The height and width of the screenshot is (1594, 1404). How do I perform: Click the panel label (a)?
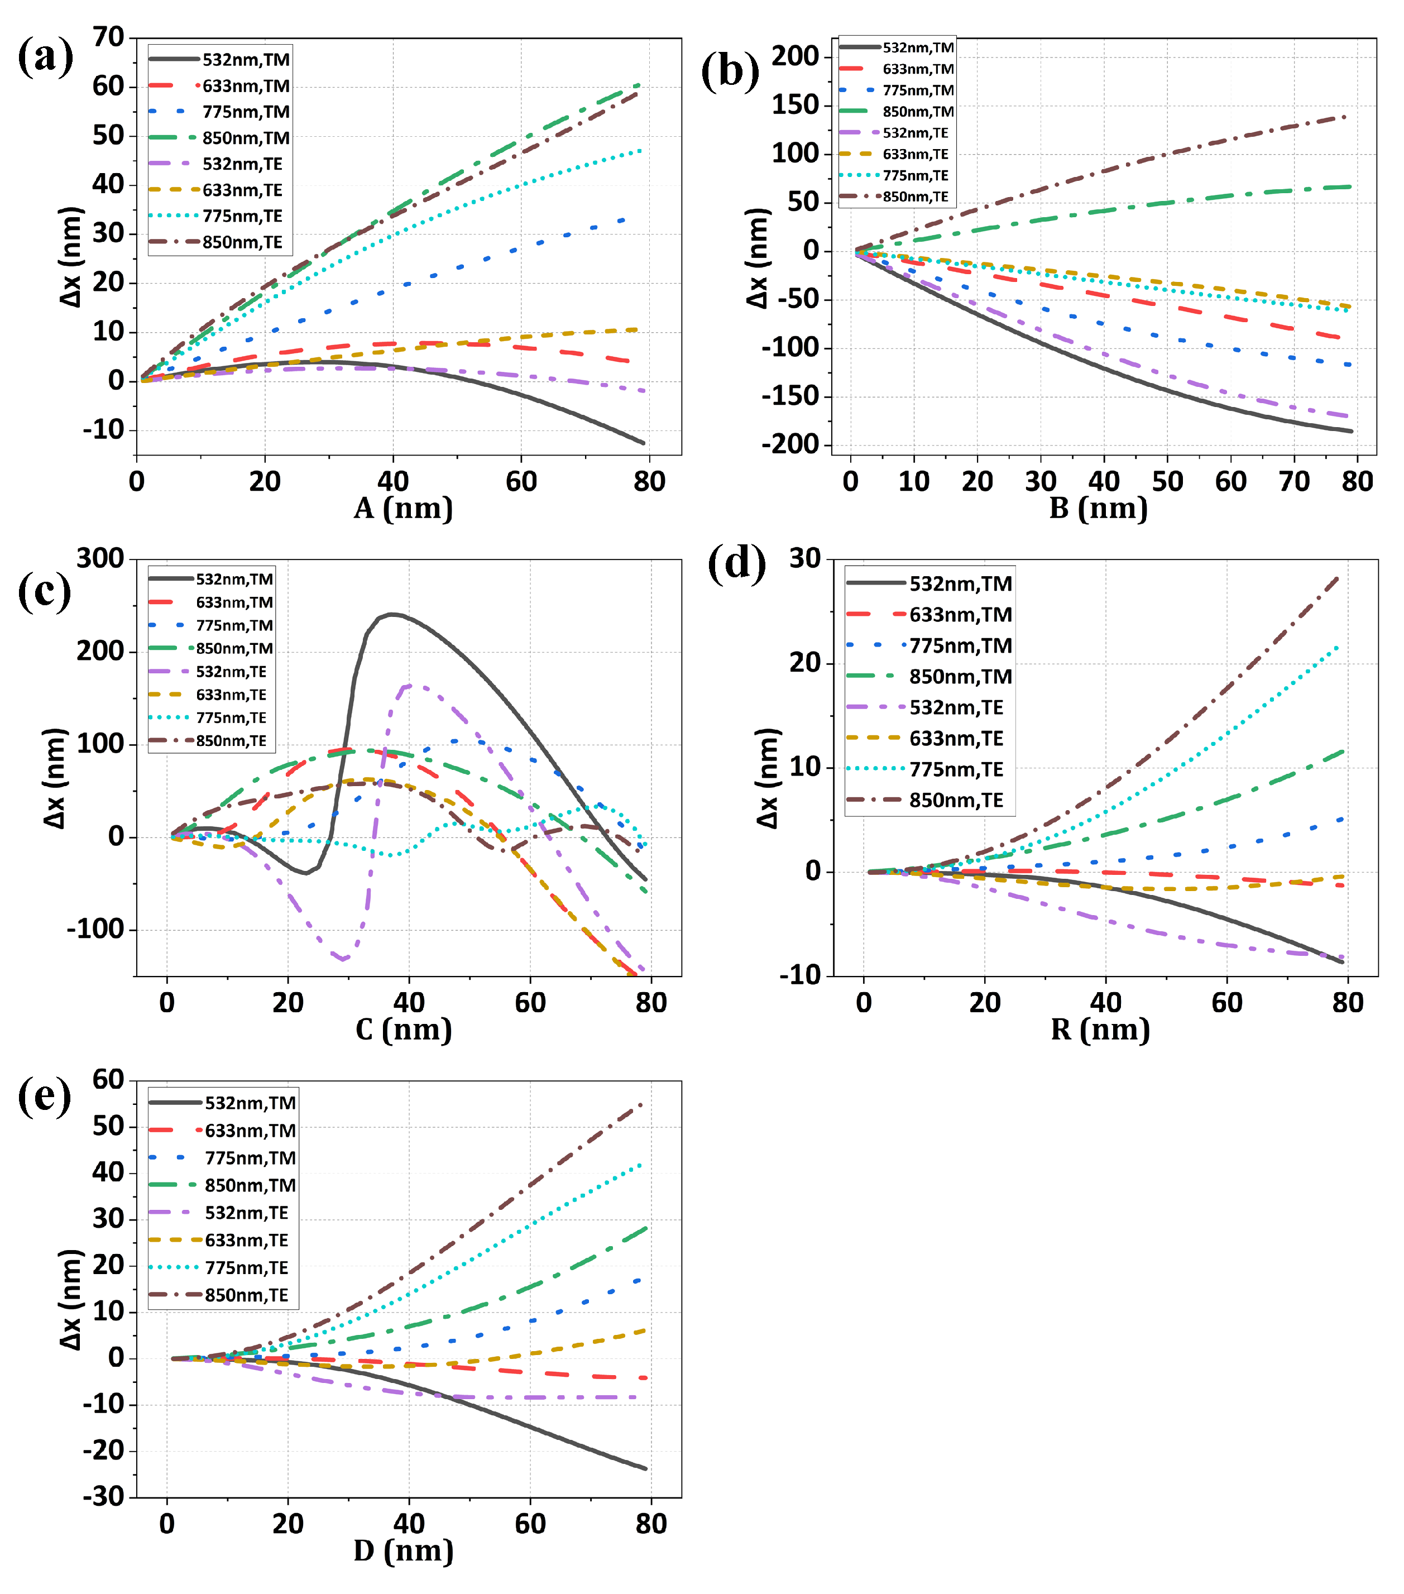pos(45,58)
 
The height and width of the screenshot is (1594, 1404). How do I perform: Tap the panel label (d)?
pos(736,562)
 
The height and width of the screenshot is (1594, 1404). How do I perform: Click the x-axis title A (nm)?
pos(403,509)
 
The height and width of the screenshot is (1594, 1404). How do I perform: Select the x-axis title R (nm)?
pos(1100,1030)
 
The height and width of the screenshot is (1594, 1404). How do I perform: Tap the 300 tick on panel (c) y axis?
pos(100,558)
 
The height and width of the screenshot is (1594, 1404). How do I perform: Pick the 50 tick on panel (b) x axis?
pos(1167,481)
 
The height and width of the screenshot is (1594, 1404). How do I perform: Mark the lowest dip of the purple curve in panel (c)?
pos(343,959)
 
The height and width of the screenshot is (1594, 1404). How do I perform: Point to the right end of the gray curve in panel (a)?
pos(643,443)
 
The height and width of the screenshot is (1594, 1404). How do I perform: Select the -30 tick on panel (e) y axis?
pos(104,1496)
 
